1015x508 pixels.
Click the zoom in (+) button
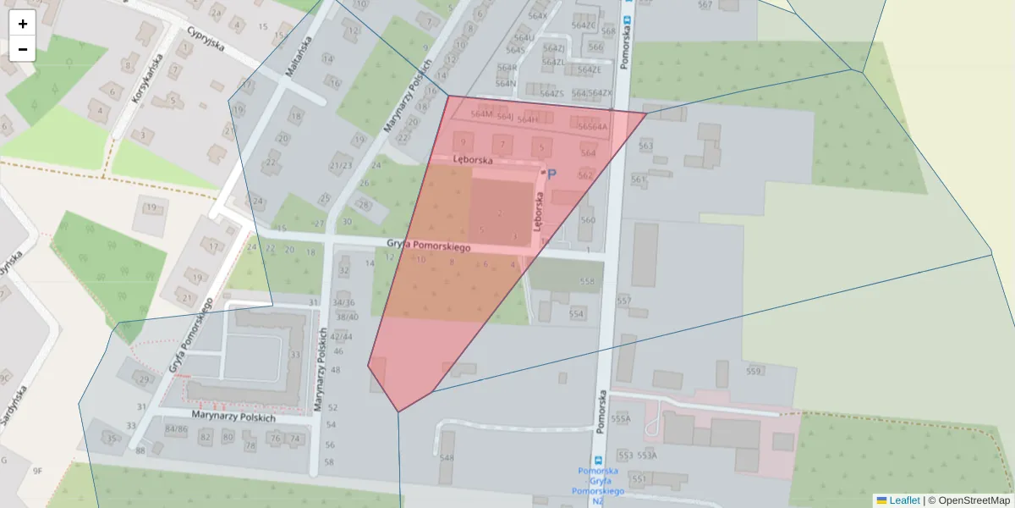coord(23,24)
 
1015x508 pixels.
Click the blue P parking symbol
coord(552,174)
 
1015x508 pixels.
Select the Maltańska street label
coord(299,58)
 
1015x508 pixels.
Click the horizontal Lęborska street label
coord(472,158)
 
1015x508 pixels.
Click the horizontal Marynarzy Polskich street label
coord(233,417)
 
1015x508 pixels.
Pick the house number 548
coord(447,458)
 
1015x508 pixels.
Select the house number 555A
coord(622,418)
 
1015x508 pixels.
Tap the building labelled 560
coord(587,221)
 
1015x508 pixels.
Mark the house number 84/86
coord(176,429)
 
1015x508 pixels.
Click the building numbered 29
coord(143,379)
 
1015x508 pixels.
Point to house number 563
coord(646,146)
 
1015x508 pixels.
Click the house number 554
coord(576,313)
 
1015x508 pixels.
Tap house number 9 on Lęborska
coord(463,142)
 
